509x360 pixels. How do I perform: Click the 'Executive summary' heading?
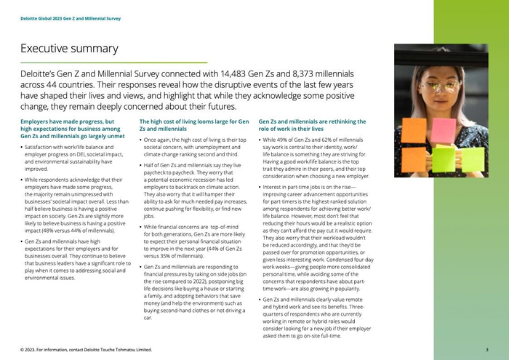click(x=69, y=49)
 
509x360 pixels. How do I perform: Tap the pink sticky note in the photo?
click(x=444, y=129)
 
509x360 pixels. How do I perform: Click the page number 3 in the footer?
click(x=486, y=350)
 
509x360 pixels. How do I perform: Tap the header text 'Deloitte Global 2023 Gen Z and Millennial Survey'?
click(x=70, y=18)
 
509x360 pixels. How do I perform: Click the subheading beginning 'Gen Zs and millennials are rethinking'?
click(x=313, y=121)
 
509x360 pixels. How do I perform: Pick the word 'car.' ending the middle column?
click(x=148, y=318)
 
